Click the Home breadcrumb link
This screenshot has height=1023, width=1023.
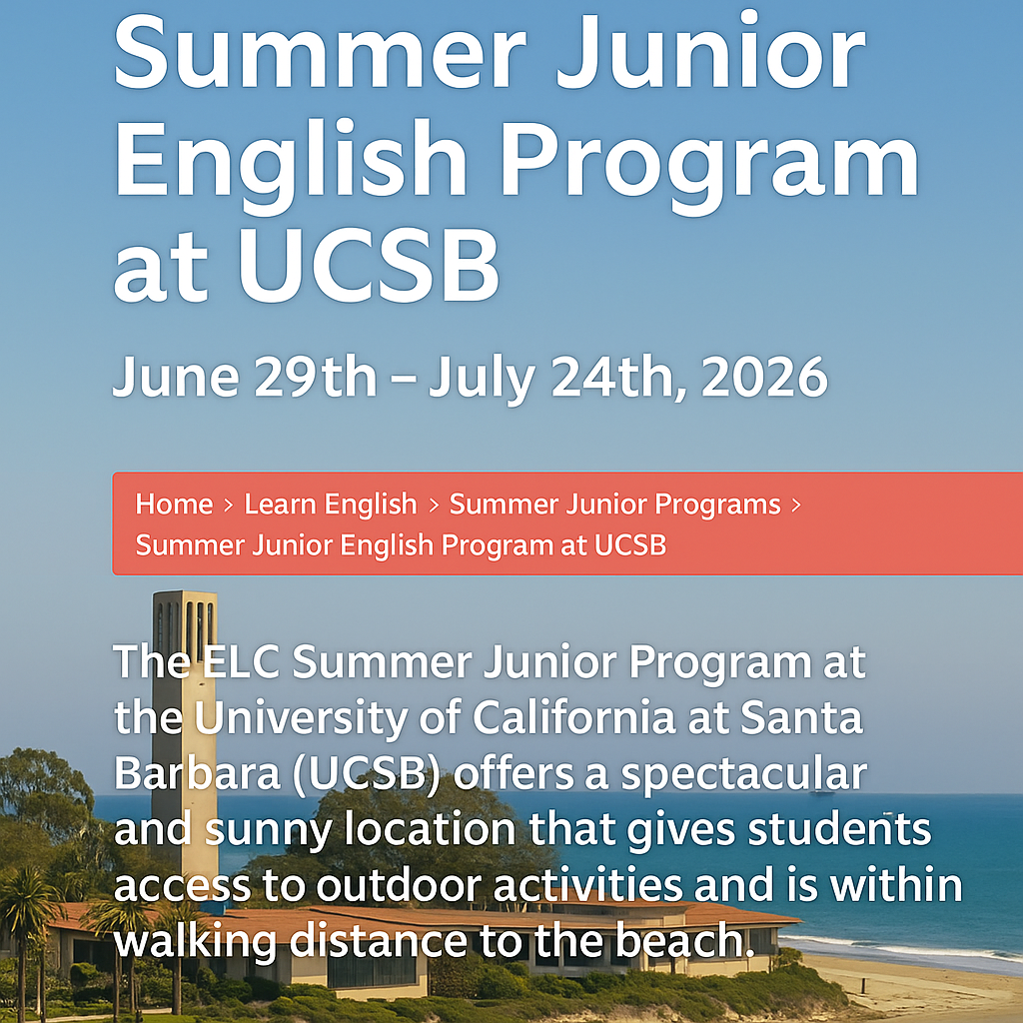[174, 505]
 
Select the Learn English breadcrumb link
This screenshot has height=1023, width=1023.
[331, 505]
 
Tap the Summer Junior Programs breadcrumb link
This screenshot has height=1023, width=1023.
[614, 505]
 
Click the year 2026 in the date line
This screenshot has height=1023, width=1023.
[764, 378]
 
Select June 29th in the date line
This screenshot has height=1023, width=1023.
[245, 378]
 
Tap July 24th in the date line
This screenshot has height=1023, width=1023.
[555, 378]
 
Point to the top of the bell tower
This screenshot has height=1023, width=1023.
[185, 599]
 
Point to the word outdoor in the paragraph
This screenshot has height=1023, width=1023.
[419, 886]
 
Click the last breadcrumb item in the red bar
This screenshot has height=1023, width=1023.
[401, 545]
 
